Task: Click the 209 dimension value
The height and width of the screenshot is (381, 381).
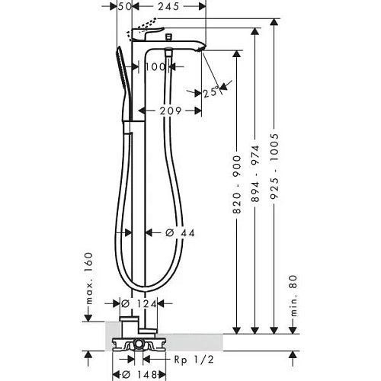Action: click(x=170, y=111)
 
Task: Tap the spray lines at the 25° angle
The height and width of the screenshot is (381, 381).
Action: click(x=222, y=86)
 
